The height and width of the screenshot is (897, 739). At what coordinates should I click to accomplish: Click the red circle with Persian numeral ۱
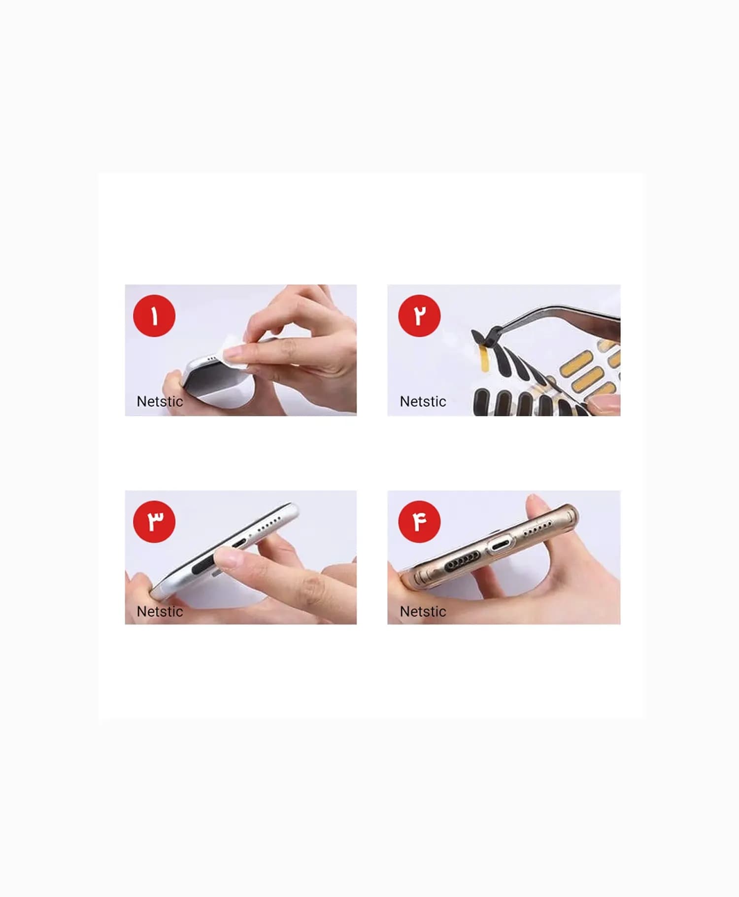[154, 316]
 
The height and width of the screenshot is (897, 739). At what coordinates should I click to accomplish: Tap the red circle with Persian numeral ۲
[419, 316]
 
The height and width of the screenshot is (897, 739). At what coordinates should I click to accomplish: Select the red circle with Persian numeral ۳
[154, 522]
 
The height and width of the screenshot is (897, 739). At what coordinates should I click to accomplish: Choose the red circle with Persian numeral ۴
[419, 522]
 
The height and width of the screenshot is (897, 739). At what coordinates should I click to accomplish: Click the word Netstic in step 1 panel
[160, 402]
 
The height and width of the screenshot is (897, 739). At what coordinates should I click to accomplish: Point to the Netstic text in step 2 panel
[423, 402]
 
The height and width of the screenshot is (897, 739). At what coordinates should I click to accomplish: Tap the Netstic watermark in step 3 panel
[160, 612]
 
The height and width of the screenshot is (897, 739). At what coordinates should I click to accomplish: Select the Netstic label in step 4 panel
[423, 612]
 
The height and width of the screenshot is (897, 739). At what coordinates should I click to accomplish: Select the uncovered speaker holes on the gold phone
[537, 529]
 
